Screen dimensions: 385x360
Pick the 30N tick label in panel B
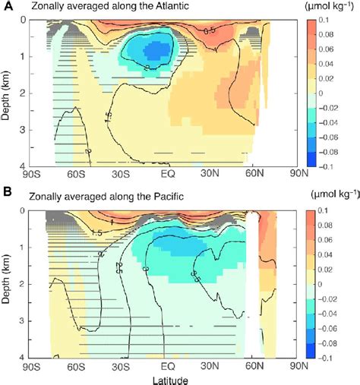click(215, 366)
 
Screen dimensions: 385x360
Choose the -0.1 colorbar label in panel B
click(344, 356)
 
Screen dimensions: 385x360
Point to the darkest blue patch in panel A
click(158, 52)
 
